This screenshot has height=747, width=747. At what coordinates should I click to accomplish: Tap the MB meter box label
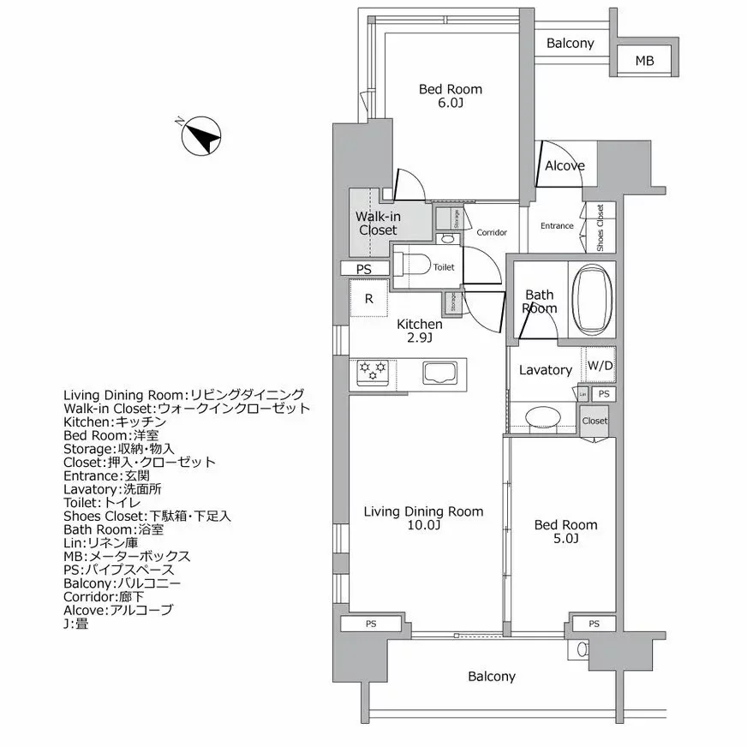point(644,61)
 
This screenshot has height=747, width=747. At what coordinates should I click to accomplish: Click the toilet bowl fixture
point(415,266)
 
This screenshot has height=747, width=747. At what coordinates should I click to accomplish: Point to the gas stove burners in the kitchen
point(373,371)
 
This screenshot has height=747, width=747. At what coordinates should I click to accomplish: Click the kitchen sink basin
point(440,373)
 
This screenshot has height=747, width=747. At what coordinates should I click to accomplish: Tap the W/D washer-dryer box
point(600,367)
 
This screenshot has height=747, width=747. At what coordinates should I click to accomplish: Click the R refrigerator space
point(368,299)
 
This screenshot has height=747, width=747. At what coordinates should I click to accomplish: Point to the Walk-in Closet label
point(378,224)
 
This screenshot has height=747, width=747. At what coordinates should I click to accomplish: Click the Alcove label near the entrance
point(565,166)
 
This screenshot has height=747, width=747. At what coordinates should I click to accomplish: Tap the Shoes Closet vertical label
point(601,227)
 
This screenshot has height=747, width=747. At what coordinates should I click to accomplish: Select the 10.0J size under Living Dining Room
point(423,525)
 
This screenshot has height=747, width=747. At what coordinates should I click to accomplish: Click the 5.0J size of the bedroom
point(565,539)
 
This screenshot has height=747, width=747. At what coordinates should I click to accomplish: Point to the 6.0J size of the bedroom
point(450,103)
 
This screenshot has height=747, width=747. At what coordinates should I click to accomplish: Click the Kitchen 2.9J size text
point(419,338)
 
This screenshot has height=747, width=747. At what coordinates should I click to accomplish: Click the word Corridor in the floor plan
point(492,232)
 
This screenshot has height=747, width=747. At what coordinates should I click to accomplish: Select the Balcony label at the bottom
point(492,677)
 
